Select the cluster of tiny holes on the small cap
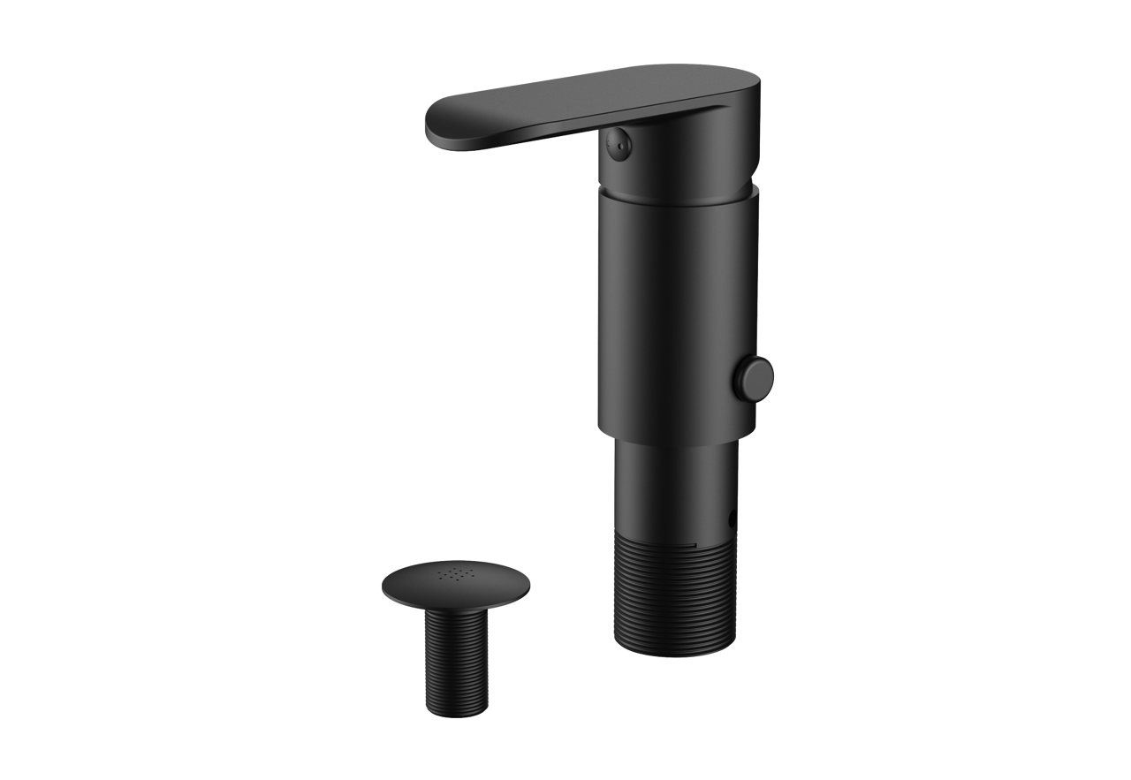click(457, 575)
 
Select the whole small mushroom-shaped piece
click(458, 636)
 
